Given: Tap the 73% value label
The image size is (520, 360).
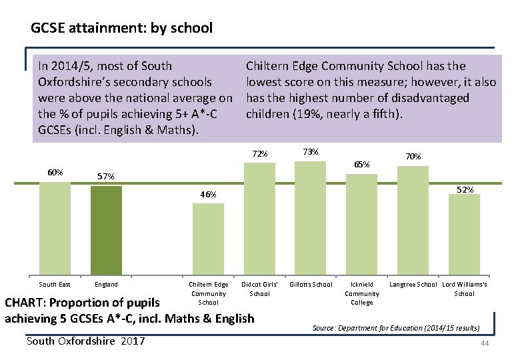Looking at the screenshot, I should coord(310,151).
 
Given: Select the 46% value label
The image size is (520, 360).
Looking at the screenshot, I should coord(208,195).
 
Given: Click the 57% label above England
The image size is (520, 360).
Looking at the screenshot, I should coord(106,177).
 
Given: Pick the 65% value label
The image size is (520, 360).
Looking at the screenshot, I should coord(362,164).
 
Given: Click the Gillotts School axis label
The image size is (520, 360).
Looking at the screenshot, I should coord(311,285).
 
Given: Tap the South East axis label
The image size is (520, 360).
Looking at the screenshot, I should coord(55,285).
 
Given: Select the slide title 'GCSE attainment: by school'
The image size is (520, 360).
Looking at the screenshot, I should coord(121,28).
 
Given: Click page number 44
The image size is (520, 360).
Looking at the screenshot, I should coord(485,343).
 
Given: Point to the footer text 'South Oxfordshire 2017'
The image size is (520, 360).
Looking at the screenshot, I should coord(85,341).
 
